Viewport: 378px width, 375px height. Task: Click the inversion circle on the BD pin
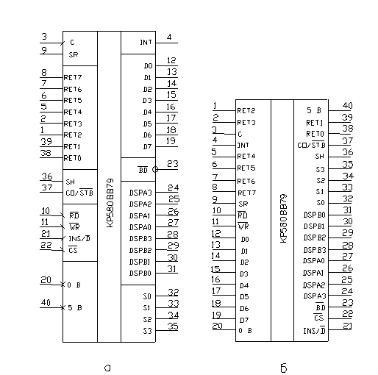click(x=155, y=169)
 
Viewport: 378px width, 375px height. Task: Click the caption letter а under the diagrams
click(x=107, y=368)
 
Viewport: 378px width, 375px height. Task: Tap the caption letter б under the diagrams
click(x=284, y=368)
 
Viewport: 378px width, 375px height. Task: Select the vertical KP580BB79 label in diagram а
click(x=110, y=203)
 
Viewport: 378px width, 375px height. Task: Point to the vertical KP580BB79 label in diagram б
click(x=283, y=218)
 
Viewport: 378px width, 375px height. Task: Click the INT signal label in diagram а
click(x=146, y=43)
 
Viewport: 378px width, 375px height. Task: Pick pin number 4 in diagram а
click(x=169, y=37)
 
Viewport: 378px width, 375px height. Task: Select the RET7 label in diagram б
click(x=246, y=193)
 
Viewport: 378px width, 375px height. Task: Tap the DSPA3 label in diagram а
click(x=140, y=193)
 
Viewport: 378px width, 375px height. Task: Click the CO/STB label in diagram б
click(x=311, y=145)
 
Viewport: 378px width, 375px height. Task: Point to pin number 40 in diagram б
click(x=347, y=106)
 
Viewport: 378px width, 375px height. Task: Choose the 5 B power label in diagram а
click(x=74, y=307)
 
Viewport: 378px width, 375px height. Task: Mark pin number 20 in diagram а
click(x=46, y=280)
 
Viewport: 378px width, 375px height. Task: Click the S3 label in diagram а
click(x=147, y=331)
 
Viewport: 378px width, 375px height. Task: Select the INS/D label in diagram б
click(x=314, y=331)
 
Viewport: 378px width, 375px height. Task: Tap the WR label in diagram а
click(x=74, y=226)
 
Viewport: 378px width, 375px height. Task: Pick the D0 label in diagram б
click(x=245, y=239)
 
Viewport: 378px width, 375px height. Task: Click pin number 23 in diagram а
click(x=173, y=163)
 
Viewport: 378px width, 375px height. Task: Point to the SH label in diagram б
click(x=319, y=156)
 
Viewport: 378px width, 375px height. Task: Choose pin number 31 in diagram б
click(x=347, y=210)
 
